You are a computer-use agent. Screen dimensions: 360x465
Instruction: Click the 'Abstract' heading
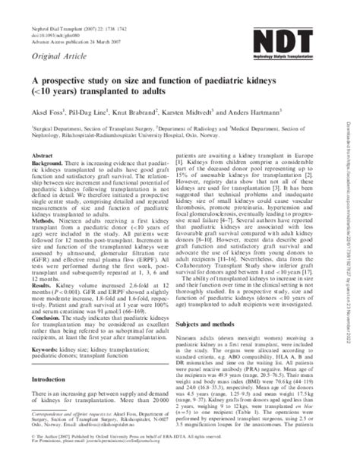pyautogui.click(x=43, y=176)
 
